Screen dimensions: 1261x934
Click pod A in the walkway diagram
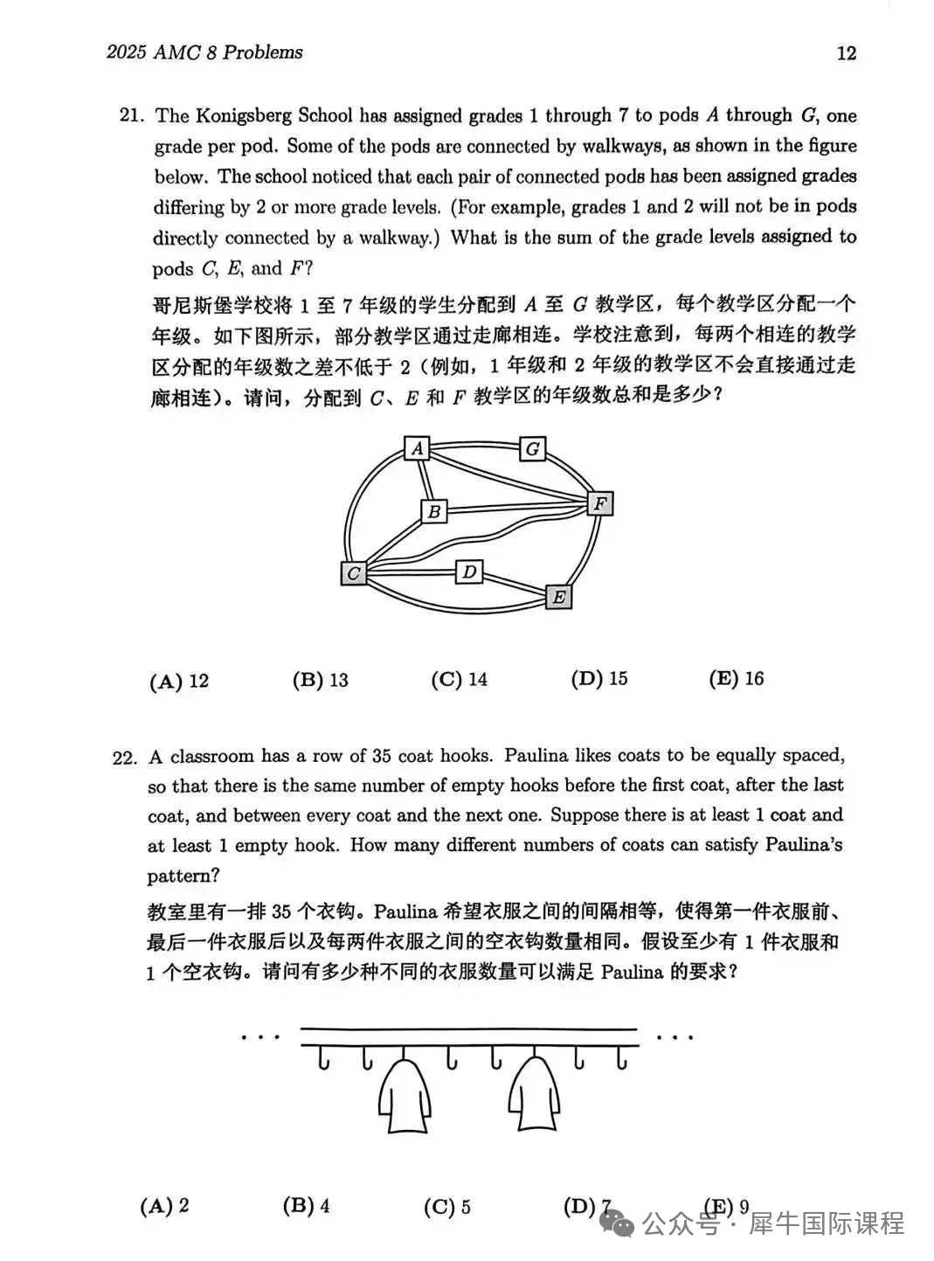pyautogui.click(x=418, y=448)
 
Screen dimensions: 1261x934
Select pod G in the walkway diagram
pyautogui.click(x=532, y=449)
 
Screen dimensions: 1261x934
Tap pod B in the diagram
pyautogui.click(x=434, y=511)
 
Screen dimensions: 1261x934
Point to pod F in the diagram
pyautogui.click(x=599, y=503)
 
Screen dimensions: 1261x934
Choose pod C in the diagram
pyautogui.click(x=353, y=573)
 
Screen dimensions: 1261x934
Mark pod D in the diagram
pyautogui.click(x=469, y=572)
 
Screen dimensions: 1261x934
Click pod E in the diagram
pyautogui.click(x=558, y=597)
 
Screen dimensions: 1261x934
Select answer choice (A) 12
pyautogui.click(x=179, y=681)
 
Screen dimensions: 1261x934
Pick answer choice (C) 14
pyautogui.click(x=459, y=679)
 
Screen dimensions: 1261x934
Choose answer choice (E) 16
pyautogui.click(x=736, y=678)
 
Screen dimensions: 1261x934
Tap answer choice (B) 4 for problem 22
pyautogui.click(x=306, y=1206)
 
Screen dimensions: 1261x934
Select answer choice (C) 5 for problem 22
pyautogui.click(x=446, y=1207)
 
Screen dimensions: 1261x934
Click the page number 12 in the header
pyautogui.click(x=846, y=52)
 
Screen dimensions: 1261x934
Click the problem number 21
pyautogui.click(x=130, y=116)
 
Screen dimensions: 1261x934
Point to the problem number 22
pyautogui.click(x=125, y=758)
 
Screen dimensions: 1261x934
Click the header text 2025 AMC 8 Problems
pyautogui.click(x=204, y=52)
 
